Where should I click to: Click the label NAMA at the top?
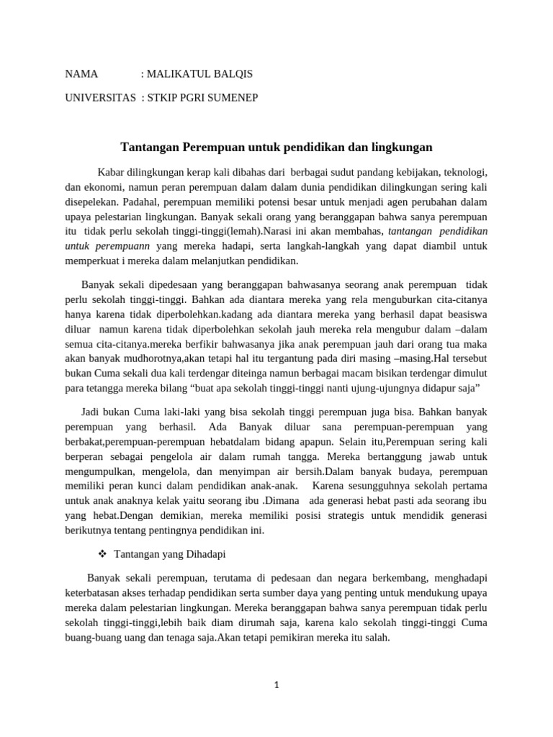[x=81, y=74]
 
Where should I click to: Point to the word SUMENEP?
[x=233, y=98]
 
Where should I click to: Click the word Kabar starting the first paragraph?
[x=111, y=173]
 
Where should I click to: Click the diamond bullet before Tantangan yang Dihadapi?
[x=101, y=554]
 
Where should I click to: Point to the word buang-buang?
[x=91, y=637]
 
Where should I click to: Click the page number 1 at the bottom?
[x=276, y=685]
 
